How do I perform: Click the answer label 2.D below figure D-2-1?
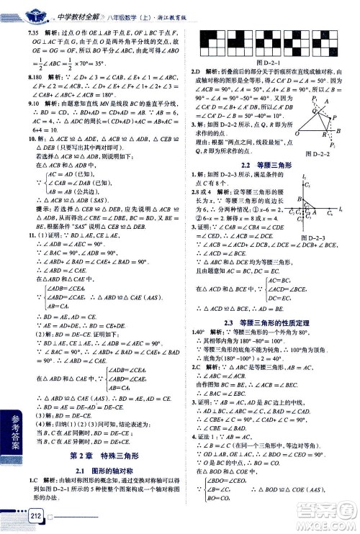coord(194,73)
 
